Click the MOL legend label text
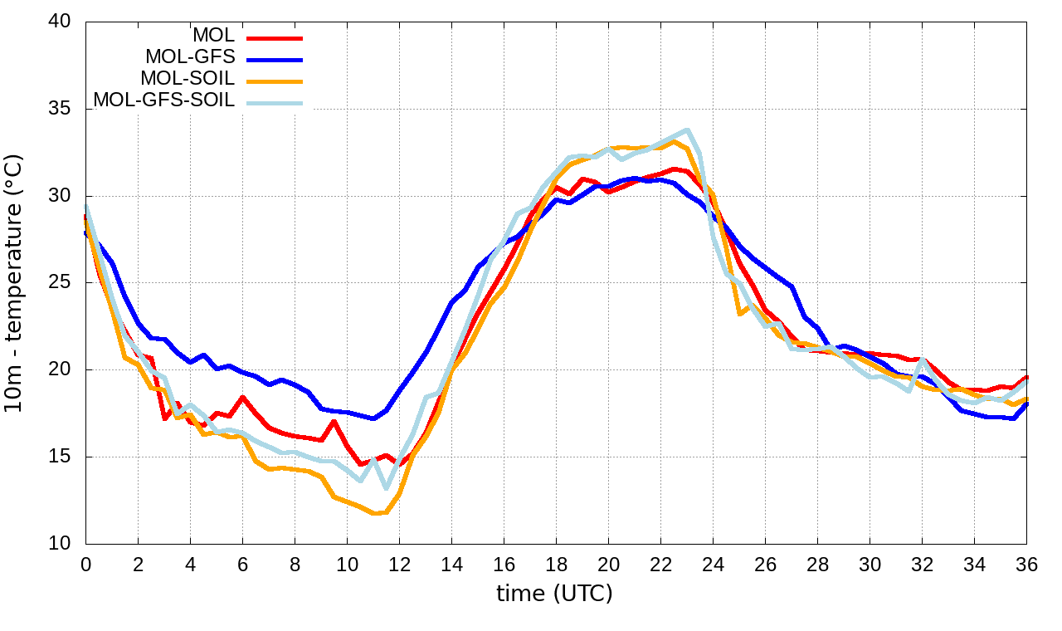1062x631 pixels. coord(214,36)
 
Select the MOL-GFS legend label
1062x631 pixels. coord(190,57)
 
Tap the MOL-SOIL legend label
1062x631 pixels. coord(188,79)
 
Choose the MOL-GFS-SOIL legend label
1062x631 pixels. coord(164,100)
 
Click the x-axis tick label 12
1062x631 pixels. coord(399,565)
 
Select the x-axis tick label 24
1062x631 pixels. coord(713,565)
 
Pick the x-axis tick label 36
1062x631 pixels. coord(1026,565)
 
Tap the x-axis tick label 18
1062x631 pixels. coord(556,565)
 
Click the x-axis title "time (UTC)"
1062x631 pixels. coord(554,594)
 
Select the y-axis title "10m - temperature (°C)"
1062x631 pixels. coord(17,282)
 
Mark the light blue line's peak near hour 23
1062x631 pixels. coord(687,130)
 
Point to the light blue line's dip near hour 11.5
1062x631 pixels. coord(386,487)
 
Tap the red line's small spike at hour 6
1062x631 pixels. coord(242,397)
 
